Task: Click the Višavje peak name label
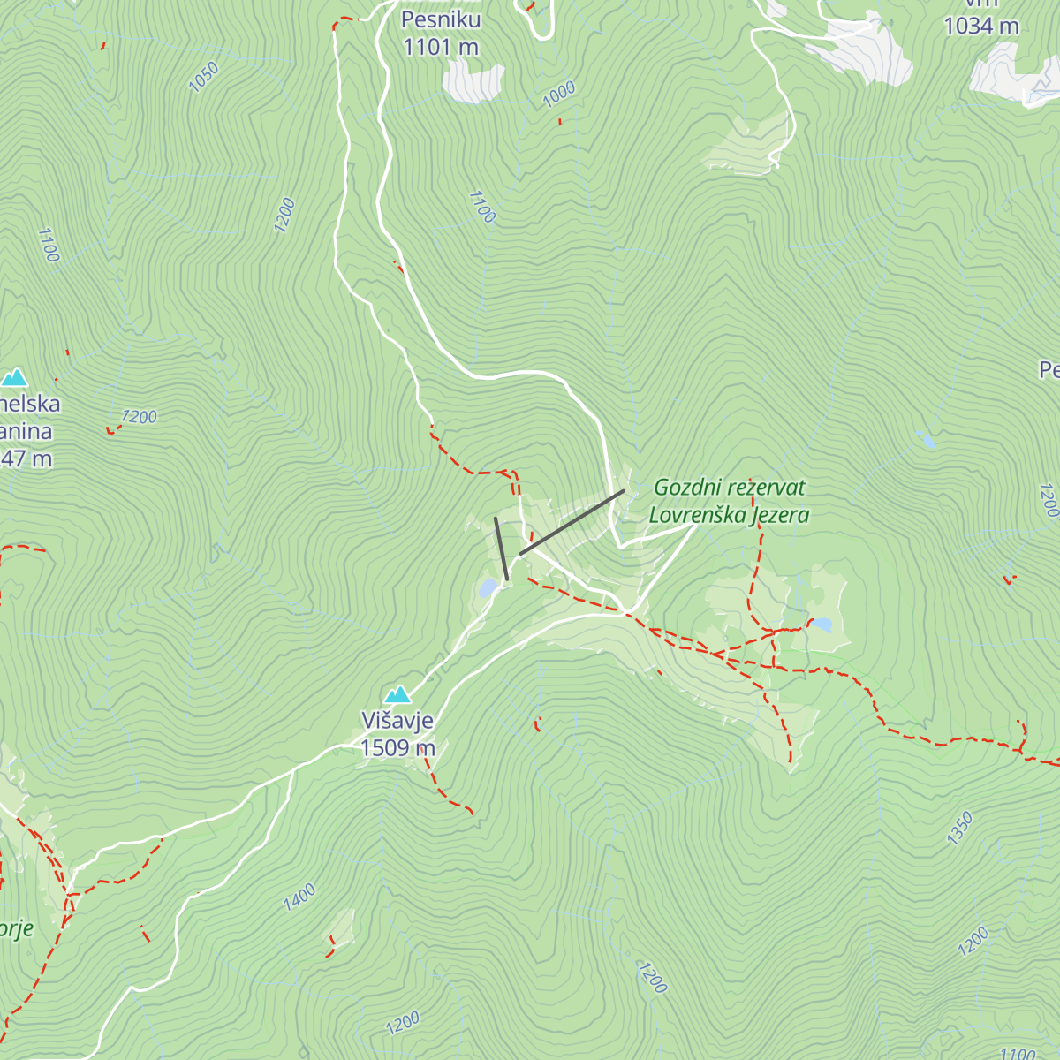click(x=397, y=721)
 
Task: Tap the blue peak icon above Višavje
click(x=397, y=694)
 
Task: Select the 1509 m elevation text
click(x=397, y=748)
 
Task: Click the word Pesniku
click(x=441, y=19)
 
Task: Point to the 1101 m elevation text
click(x=441, y=47)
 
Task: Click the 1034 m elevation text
click(x=981, y=26)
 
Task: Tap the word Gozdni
click(x=686, y=488)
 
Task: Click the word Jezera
click(x=780, y=515)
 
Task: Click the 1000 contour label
click(x=559, y=94)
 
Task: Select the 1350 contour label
click(x=959, y=829)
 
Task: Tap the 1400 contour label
click(x=299, y=897)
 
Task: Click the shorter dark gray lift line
click(x=501, y=549)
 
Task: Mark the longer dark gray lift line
click(x=572, y=522)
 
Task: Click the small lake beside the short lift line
click(x=487, y=587)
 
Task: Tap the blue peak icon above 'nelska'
click(x=13, y=378)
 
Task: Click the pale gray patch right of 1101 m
click(x=474, y=82)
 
